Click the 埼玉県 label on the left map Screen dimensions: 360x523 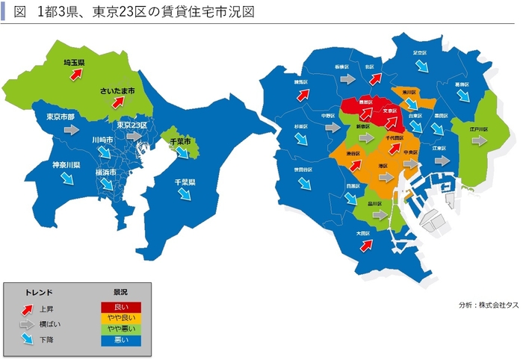tap(74, 63)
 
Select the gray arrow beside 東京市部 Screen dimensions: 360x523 tap(71, 129)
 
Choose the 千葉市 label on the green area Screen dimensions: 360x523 tap(177, 141)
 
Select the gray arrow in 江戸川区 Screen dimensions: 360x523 tap(477, 140)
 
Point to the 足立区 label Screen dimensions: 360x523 tap(420, 53)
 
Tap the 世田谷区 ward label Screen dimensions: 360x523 tap(305, 170)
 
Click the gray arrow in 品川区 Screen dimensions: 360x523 tap(380, 214)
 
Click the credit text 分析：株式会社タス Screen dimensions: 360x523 tap(484, 305)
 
